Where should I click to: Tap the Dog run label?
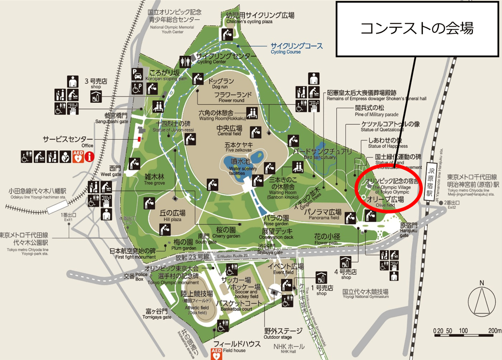point(221,84)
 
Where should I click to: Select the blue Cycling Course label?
point(296,48)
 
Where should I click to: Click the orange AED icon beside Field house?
point(216,353)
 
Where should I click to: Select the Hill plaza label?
point(172,216)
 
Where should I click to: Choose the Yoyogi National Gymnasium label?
point(365,294)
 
